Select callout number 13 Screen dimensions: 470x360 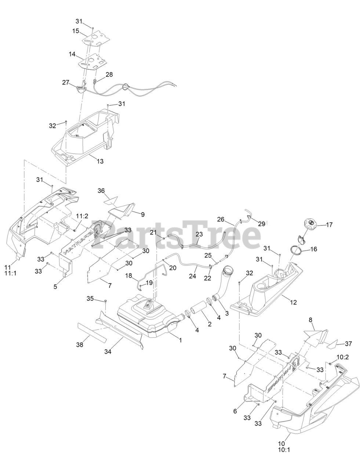click(100, 161)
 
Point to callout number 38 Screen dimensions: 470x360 click(80, 345)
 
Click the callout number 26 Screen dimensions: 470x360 click(220, 220)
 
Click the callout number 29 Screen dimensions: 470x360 click(261, 223)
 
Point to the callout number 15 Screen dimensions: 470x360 click(76, 31)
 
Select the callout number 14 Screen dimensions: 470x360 click(72, 54)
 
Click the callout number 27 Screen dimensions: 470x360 click(66, 83)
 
